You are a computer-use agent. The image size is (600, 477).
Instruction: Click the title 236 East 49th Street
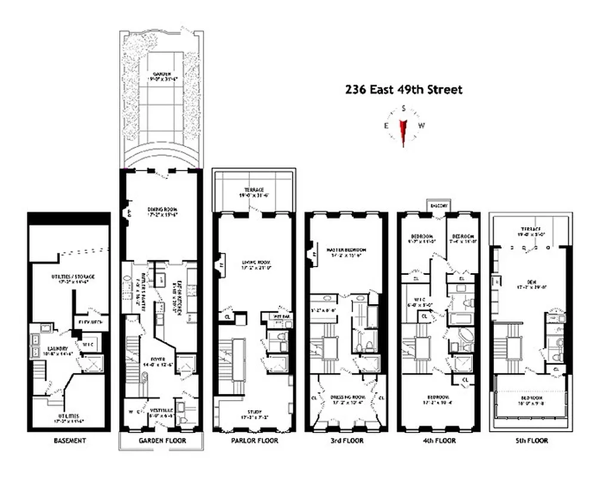[404, 90]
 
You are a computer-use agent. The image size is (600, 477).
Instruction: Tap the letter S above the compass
[404, 109]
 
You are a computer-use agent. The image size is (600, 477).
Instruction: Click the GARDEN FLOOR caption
[162, 441]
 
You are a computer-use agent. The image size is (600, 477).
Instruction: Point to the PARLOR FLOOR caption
[253, 441]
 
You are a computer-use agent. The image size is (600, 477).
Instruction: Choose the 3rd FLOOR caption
[345, 441]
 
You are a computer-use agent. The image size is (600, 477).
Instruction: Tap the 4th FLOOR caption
[437, 441]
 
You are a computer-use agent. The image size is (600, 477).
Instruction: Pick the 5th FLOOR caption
[530, 441]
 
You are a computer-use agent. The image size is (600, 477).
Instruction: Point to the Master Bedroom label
[346, 249]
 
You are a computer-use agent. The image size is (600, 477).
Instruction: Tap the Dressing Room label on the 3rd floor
[346, 396]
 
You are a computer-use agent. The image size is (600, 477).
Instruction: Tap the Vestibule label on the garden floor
[161, 410]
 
